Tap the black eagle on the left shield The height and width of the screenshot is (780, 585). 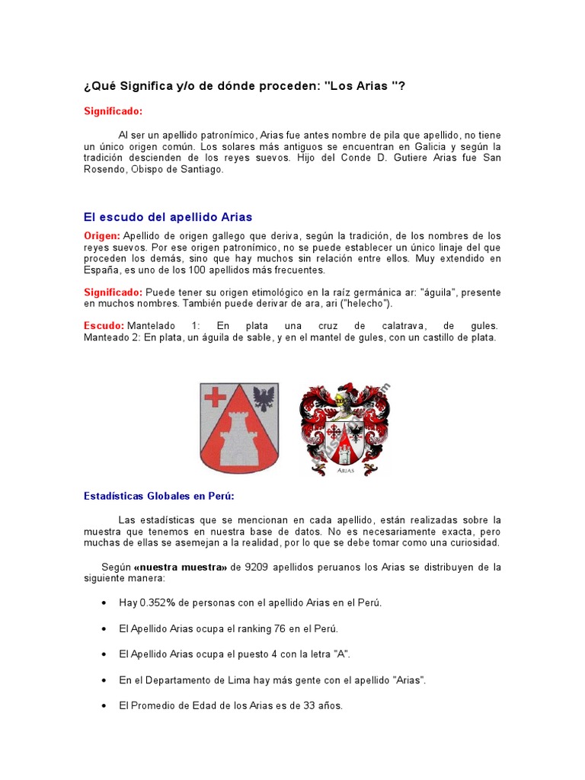click(x=264, y=398)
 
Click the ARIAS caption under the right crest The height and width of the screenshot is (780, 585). click(x=346, y=471)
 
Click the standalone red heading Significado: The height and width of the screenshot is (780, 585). click(x=113, y=111)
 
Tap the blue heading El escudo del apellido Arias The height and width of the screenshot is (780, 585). click(x=168, y=217)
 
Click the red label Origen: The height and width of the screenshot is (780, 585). click(x=101, y=236)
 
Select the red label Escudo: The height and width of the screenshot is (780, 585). click(x=104, y=326)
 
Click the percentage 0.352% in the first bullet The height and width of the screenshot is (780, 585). click(x=158, y=603)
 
